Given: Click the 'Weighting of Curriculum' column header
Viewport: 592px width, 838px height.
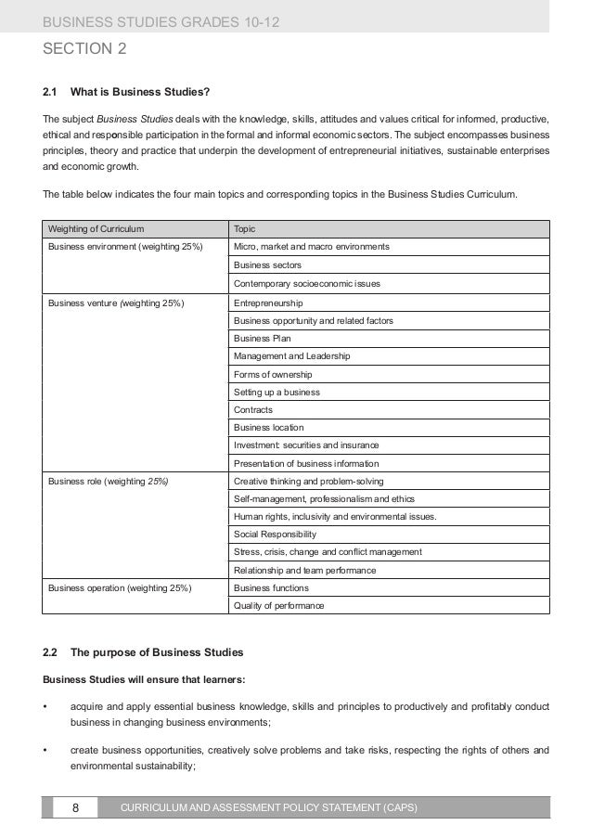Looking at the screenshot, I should pyautogui.click(x=96, y=228).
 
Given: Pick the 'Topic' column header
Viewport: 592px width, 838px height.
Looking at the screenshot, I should pyautogui.click(x=245, y=228).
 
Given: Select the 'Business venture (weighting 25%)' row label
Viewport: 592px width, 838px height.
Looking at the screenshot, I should pyautogui.click(x=116, y=303).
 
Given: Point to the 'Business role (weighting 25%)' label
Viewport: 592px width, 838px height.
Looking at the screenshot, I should pyautogui.click(x=108, y=482).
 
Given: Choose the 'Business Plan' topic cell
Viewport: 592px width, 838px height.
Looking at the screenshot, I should pyautogui.click(x=262, y=339).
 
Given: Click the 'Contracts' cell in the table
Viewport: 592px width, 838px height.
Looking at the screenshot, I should pyautogui.click(x=253, y=409).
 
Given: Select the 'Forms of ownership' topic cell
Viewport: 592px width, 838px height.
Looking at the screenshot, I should pyautogui.click(x=273, y=374).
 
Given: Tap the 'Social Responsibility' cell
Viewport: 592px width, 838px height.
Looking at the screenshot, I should pyautogui.click(x=275, y=535).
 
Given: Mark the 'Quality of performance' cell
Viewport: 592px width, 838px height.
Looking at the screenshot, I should pyautogui.click(x=279, y=606).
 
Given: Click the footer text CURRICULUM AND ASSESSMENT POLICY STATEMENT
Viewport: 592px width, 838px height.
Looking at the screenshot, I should pyautogui.click(x=269, y=807).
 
